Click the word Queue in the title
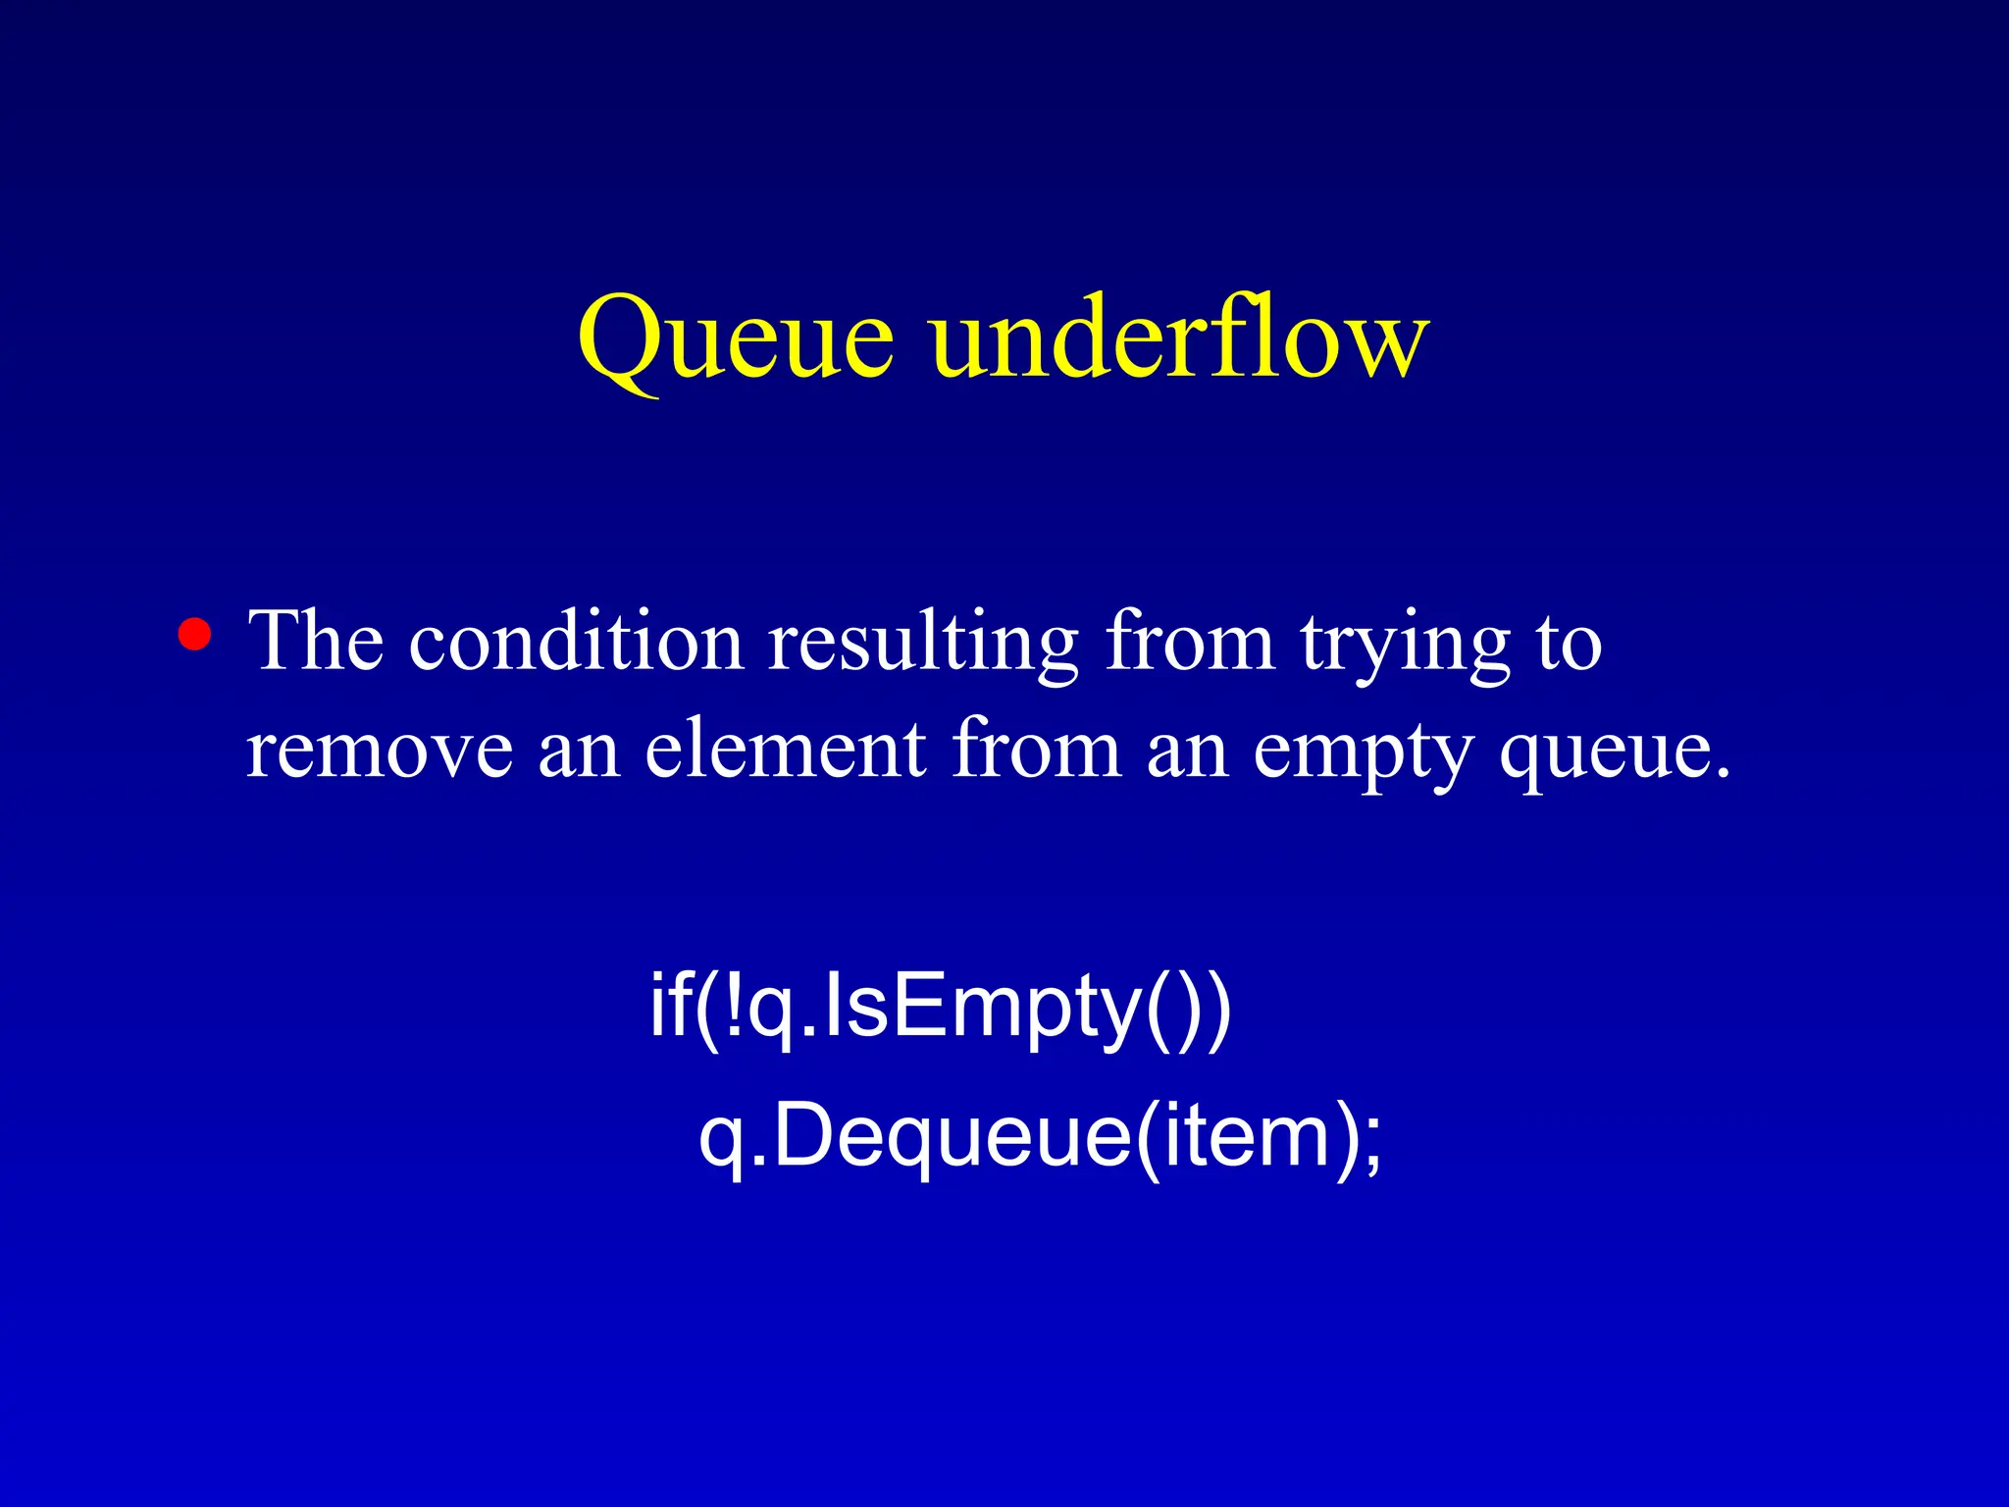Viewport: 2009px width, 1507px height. (x=736, y=339)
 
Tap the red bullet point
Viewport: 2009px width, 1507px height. (x=195, y=635)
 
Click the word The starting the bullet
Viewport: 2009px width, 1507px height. (x=316, y=642)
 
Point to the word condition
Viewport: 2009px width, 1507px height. (x=576, y=642)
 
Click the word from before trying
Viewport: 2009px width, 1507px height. (x=1190, y=642)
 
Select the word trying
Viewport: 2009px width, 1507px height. (x=1405, y=648)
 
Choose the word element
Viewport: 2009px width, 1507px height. (x=786, y=750)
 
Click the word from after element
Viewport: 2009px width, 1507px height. (x=1036, y=750)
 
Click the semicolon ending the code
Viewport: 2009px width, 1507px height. (x=1372, y=1143)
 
